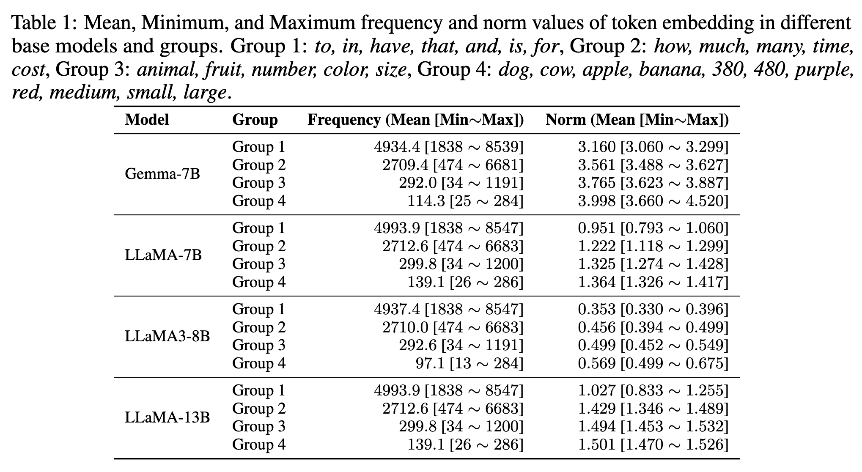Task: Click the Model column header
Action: tap(147, 120)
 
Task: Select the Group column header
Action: tap(255, 120)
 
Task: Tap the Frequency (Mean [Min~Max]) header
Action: tap(415, 120)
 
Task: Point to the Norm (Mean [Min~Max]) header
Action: tap(637, 120)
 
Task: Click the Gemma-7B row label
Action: tap(162, 173)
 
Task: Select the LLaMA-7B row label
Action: tap(163, 255)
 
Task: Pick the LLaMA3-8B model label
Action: tap(167, 336)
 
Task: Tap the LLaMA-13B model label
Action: tap(167, 417)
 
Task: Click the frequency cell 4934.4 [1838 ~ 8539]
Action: tap(449, 147)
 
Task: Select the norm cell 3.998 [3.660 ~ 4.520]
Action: tap(653, 200)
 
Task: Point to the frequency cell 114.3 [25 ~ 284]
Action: tap(465, 200)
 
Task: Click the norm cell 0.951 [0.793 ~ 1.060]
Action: tap(653, 228)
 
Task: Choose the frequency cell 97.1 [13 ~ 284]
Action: tap(469, 363)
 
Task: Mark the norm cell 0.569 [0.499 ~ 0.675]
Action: tap(653, 363)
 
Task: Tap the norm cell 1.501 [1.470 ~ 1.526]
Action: tap(653, 444)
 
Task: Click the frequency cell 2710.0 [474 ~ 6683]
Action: tap(453, 327)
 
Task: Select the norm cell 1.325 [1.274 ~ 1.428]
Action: tap(653, 264)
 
